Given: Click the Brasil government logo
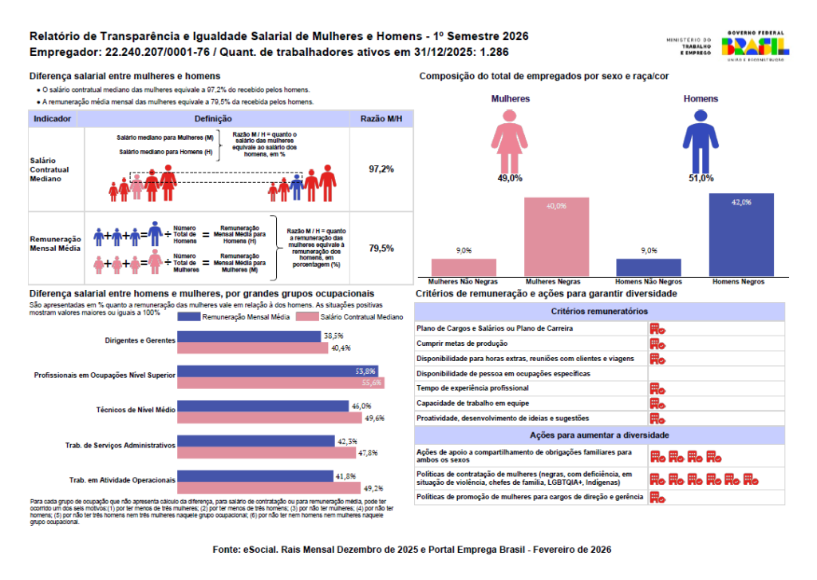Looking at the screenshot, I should pyautogui.click(x=754, y=46).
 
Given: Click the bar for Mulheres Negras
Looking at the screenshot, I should pyautogui.click(x=556, y=237).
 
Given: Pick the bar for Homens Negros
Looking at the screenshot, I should pyautogui.click(x=741, y=236).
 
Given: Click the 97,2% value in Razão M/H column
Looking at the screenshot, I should pyautogui.click(x=381, y=169).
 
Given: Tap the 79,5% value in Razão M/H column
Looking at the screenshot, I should pyautogui.click(x=381, y=248).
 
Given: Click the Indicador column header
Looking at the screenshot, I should pyautogui.click(x=53, y=118).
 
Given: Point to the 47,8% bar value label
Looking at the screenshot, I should pyautogui.click(x=368, y=453).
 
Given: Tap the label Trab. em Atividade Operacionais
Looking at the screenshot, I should pyautogui.click(x=122, y=480).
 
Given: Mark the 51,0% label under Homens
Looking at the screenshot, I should pyautogui.click(x=701, y=178).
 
